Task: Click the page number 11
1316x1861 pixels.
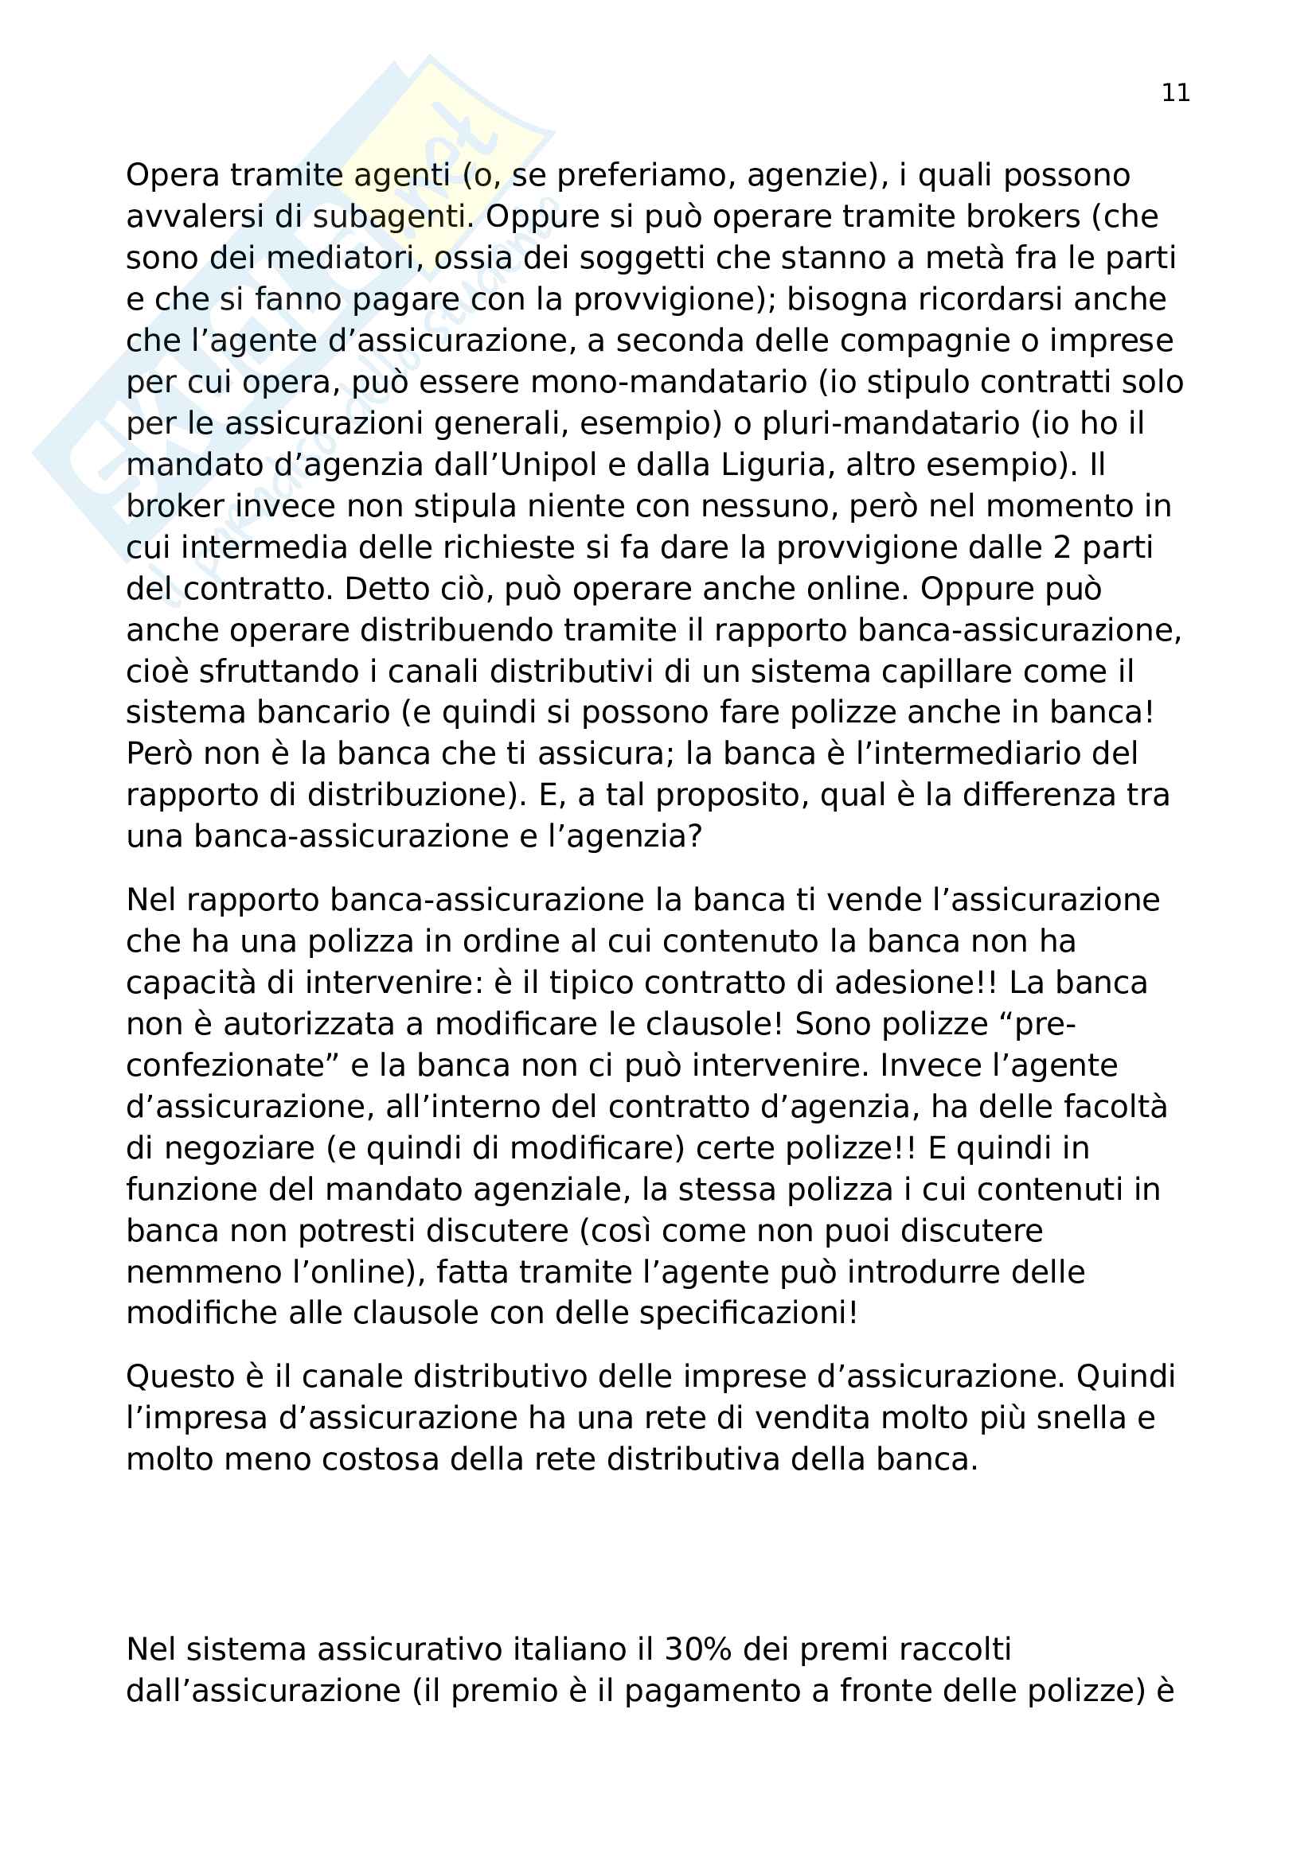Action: click(x=1175, y=93)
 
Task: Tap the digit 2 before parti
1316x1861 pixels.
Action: click(x=1061, y=548)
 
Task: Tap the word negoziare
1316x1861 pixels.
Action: click(x=239, y=1149)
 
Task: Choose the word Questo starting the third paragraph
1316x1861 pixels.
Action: click(x=184, y=1377)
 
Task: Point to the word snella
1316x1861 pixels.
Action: click(x=1084, y=1419)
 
